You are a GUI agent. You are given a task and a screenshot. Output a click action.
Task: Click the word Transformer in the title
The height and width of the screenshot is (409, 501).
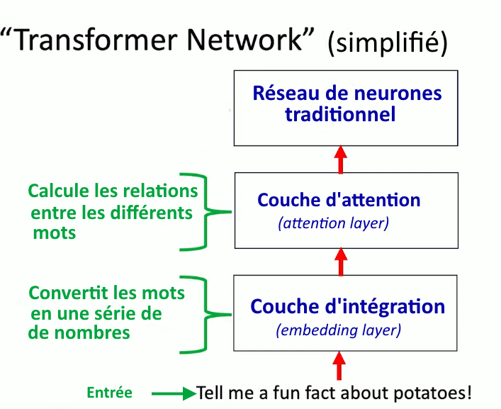click(96, 40)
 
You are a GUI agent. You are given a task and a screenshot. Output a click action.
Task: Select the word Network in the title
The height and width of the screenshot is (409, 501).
click(244, 40)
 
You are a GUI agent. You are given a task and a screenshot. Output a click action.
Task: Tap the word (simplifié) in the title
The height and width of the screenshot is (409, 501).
click(387, 43)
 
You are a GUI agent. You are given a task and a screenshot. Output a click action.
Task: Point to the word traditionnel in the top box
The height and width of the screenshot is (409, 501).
click(340, 114)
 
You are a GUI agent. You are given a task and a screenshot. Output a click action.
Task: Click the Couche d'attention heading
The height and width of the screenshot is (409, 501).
click(339, 200)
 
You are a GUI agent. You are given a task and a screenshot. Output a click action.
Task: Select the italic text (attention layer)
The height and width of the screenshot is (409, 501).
click(334, 223)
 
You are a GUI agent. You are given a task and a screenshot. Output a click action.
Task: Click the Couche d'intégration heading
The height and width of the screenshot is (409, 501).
click(348, 307)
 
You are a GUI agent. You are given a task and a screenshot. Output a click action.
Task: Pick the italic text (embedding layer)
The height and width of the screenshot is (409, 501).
click(338, 330)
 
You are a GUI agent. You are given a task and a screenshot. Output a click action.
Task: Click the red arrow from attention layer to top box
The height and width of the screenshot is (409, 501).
click(341, 159)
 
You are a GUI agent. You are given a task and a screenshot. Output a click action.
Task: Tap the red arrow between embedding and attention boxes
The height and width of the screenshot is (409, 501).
click(341, 262)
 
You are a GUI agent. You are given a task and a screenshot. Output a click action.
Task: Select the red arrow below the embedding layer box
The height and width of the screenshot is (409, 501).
click(339, 366)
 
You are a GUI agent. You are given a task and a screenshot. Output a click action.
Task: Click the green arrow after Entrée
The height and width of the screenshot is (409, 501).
click(174, 393)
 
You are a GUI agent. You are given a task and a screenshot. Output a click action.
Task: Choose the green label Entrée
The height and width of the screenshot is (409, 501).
click(109, 393)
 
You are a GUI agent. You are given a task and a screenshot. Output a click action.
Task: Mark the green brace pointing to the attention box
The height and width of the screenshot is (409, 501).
click(206, 211)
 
